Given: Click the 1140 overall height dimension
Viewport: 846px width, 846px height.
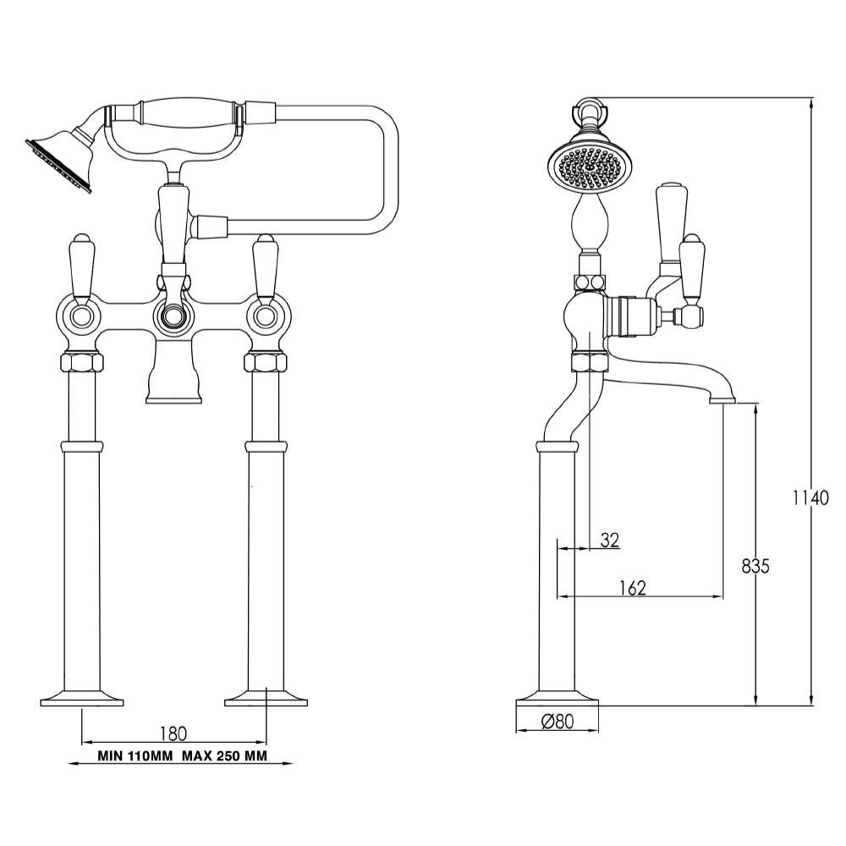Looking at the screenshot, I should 810,497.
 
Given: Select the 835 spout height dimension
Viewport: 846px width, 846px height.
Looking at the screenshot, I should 755,566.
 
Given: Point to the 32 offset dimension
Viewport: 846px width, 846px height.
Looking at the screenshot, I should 609,540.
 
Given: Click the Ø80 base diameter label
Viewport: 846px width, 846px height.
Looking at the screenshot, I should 557,722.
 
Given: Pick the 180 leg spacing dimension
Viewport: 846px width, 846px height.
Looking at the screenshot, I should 172,732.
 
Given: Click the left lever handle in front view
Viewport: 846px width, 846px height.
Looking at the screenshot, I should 82,266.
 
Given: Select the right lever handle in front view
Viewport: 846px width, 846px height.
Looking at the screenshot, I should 266,266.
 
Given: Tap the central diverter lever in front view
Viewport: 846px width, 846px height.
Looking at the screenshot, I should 173,224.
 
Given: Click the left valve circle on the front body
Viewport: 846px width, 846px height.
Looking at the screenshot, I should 82,317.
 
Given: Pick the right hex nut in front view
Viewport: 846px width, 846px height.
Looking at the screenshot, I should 266,362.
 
